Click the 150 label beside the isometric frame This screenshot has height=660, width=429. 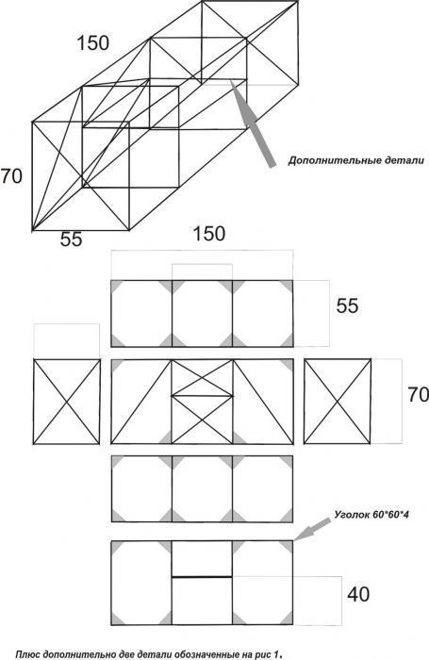93,43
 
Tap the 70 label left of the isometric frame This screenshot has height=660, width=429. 11,176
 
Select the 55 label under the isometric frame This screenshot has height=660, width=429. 71,239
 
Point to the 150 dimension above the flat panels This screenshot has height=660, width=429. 208,234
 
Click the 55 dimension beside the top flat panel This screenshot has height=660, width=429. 347,305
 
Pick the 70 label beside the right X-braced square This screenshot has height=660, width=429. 418,394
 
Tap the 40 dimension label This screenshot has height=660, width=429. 358,594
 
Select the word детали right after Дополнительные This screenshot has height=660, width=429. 404,161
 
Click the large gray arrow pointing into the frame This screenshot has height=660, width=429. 253,123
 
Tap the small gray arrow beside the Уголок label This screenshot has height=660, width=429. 312,529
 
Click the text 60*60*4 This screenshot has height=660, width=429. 390,514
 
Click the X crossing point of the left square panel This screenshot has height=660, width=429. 67,402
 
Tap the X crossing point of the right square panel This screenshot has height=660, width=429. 338,401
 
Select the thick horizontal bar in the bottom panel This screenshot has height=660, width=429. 202,576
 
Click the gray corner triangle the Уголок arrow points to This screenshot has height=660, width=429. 288,546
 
